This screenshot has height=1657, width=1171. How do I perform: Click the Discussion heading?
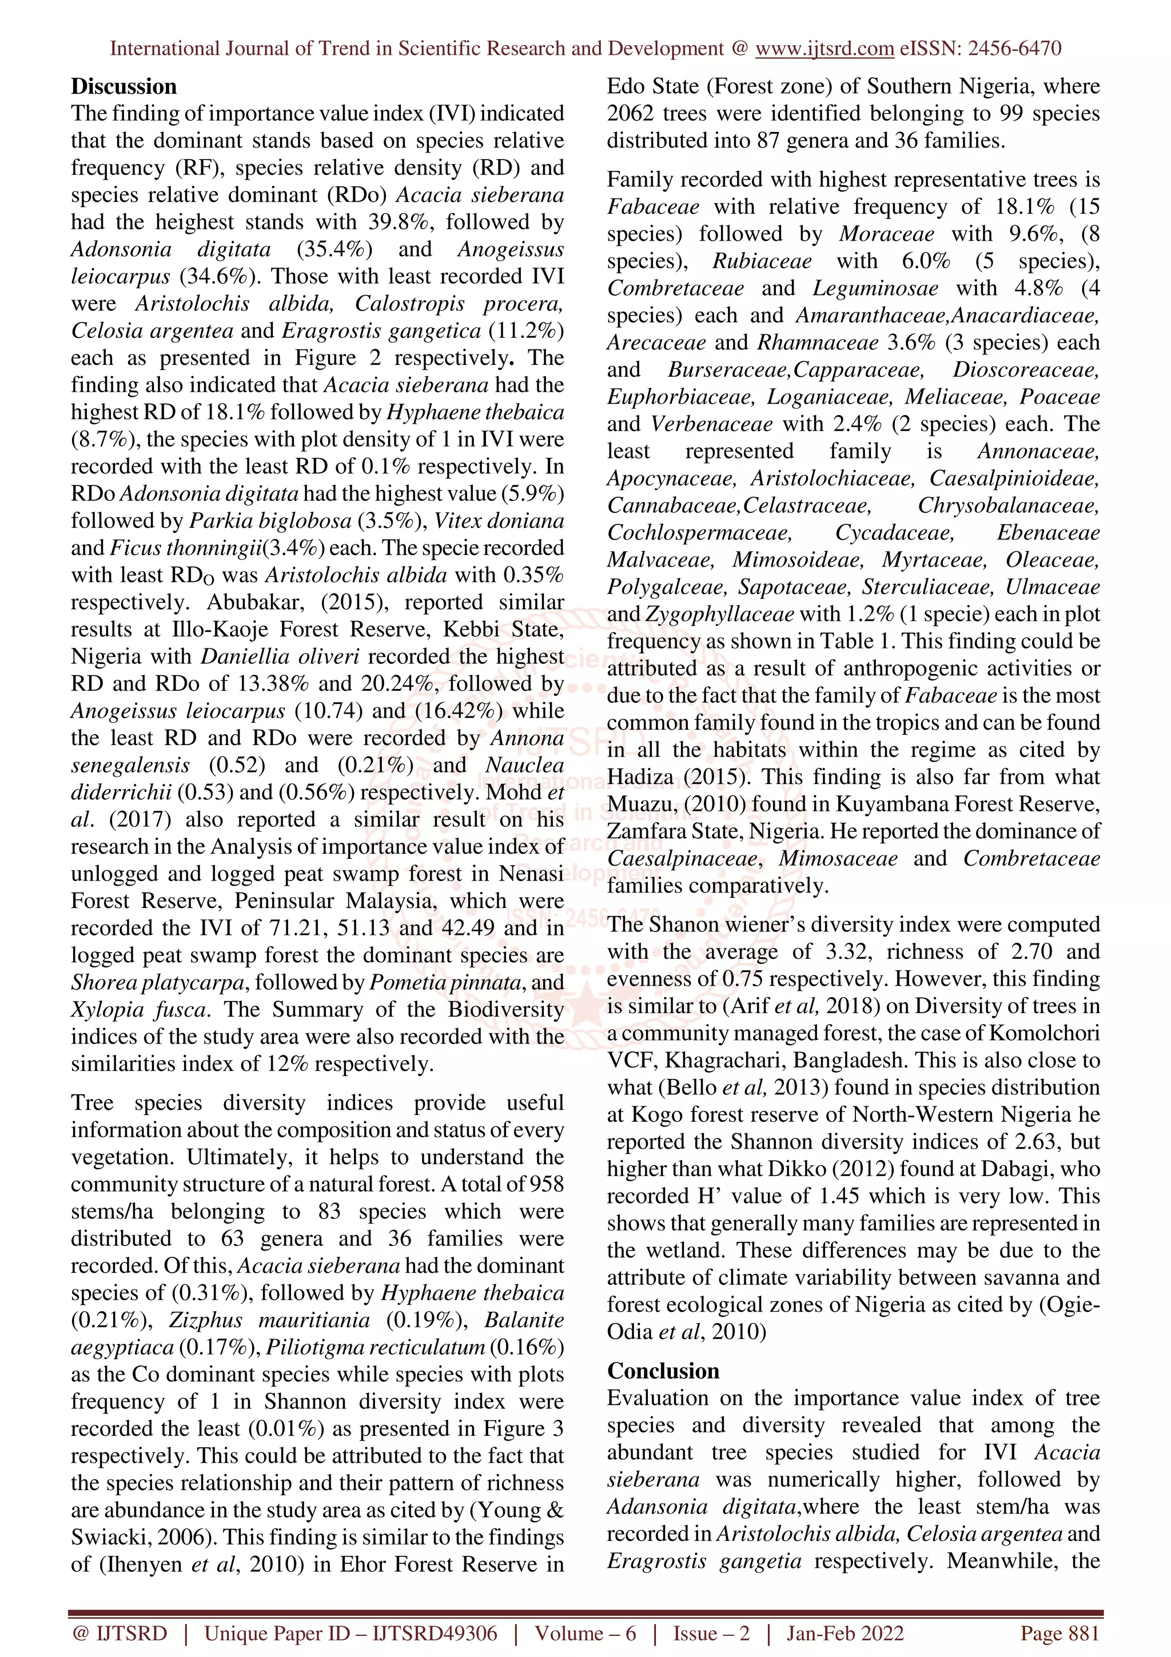(x=124, y=86)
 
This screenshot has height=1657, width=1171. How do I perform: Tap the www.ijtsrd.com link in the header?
(x=824, y=49)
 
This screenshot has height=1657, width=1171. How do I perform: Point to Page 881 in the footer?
(x=1059, y=1633)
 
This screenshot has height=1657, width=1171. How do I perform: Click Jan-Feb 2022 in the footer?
(x=844, y=1633)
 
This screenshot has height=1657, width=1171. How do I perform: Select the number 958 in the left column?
(x=546, y=1184)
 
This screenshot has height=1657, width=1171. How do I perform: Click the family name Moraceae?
(x=886, y=234)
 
